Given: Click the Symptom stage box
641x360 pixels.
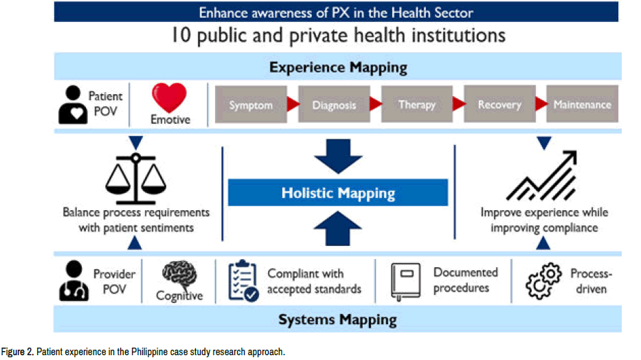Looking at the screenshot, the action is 251,104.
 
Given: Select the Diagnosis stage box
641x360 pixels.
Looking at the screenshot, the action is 334,104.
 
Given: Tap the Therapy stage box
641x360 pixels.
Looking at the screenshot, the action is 417,104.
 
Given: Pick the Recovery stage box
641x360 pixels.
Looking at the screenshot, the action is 499,104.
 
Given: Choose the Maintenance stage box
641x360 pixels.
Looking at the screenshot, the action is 582,104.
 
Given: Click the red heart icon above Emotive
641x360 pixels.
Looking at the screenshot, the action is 169,98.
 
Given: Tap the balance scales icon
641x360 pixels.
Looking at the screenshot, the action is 136,179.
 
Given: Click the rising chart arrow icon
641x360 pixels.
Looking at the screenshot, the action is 541,176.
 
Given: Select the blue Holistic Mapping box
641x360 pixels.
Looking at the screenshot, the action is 338,192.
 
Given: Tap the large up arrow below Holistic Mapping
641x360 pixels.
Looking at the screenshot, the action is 338,228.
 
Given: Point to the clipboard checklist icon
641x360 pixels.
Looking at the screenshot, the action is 243,281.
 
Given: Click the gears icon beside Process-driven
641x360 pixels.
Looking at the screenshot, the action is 543,281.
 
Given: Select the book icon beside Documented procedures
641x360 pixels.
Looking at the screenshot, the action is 405,281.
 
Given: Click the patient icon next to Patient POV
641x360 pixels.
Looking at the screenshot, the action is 73,104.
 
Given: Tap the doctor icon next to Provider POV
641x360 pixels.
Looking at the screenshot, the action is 74,281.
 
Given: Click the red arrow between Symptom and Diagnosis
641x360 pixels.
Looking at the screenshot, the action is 293,104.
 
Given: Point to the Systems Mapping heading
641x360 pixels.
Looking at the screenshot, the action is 337,319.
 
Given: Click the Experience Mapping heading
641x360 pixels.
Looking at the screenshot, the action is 338,67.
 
